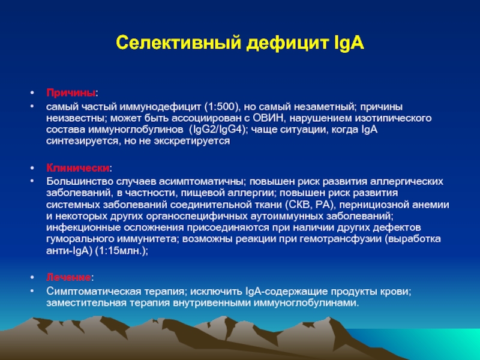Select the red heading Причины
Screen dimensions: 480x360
(x=71, y=93)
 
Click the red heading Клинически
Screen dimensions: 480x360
(x=78, y=168)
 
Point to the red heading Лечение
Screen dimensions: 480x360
(x=68, y=277)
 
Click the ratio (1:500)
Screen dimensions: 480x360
(x=221, y=107)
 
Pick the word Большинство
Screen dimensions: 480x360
(x=80, y=182)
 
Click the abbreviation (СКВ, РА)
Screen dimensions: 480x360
(x=309, y=205)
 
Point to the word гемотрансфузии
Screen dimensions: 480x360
(x=341, y=239)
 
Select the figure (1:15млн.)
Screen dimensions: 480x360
(x=122, y=251)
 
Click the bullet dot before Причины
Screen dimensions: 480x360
(x=32, y=93)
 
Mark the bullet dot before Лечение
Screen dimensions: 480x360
(x=32, y=277)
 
